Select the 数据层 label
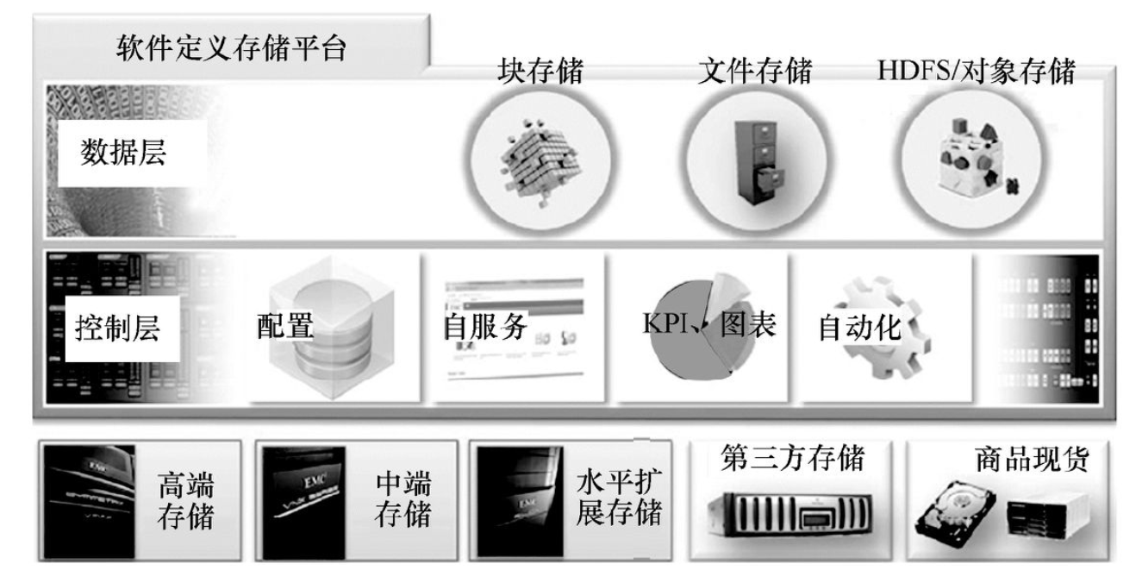pos(123,153)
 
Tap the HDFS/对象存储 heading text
pos(976,72)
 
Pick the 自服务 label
pos(484,327)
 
